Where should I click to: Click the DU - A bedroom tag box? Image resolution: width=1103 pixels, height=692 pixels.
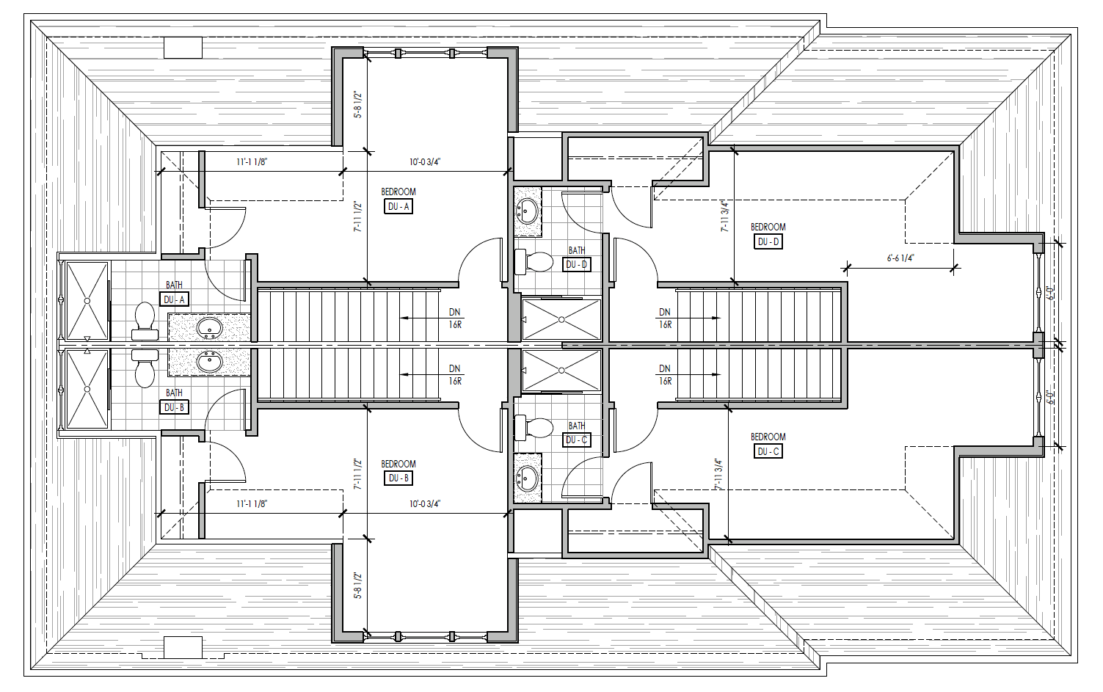[398, 207]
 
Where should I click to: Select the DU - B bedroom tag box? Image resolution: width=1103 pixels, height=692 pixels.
[398, 478]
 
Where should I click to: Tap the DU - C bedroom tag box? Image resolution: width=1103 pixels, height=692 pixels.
[768, 451]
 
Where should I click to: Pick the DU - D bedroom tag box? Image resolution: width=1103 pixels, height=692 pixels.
[768, 241]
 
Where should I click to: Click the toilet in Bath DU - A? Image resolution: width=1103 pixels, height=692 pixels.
[145, 320]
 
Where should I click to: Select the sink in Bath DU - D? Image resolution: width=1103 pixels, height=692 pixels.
[527, 211]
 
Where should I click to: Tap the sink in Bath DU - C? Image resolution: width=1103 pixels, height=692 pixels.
[527, 479]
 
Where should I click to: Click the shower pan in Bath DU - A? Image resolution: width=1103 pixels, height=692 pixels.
[87, 300]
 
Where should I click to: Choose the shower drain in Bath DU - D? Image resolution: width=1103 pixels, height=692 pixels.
[561, 319]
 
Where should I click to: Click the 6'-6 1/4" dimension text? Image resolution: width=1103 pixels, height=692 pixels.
[900, 258]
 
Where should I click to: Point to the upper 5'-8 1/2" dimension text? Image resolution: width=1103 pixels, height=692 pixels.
[357, 104]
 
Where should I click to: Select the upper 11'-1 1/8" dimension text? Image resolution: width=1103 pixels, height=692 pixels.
[252, 162]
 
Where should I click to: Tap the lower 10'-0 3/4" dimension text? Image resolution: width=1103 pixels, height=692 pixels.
[425, 504]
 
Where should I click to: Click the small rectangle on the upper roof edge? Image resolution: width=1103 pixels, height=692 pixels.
[183, 48]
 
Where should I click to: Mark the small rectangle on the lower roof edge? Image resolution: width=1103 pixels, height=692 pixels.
[183, 647]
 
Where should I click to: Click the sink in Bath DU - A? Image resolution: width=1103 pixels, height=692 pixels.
[209, 327]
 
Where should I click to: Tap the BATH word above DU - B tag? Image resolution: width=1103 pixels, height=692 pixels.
[174, 393]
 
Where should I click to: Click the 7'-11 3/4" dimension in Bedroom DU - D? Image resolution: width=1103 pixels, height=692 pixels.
[725, 216]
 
